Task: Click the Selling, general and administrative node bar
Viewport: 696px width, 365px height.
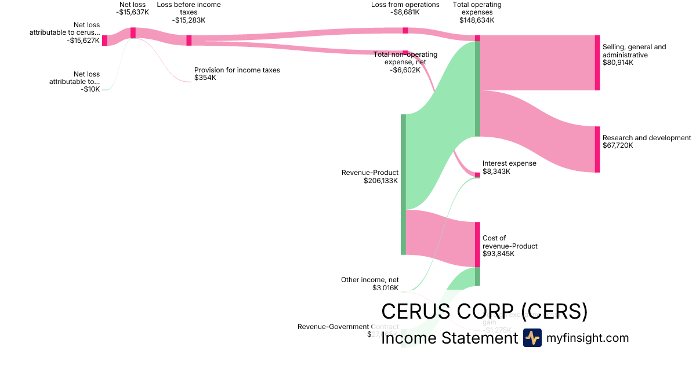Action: pos(597,63)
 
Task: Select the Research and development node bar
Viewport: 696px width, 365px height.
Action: pos(597,149)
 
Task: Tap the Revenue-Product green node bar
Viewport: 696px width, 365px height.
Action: pos(403,184)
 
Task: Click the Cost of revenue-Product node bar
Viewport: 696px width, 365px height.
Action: pos(477,244)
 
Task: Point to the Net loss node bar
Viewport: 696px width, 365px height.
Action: pos(133,33)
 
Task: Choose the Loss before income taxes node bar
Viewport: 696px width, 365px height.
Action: pos(188,40)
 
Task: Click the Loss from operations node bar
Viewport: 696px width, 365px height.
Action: pos(405,30)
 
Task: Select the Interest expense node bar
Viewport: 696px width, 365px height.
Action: pos(477,174)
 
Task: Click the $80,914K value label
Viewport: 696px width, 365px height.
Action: pos(618,63)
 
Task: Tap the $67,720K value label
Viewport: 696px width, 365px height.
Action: pos(618,145)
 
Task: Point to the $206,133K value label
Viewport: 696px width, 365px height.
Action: pos(380,181)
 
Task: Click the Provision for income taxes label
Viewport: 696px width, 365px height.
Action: pos(237,70)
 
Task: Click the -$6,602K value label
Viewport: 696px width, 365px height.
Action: pos(405,70)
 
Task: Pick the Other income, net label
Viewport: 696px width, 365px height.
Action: pos(369,280)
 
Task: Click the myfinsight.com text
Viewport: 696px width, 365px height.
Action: pos(587,338)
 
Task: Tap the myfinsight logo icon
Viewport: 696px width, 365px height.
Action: pos(532,338)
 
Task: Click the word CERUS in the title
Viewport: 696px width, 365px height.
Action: pos(418,312)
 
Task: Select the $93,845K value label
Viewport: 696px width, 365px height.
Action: pos(498,254)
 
